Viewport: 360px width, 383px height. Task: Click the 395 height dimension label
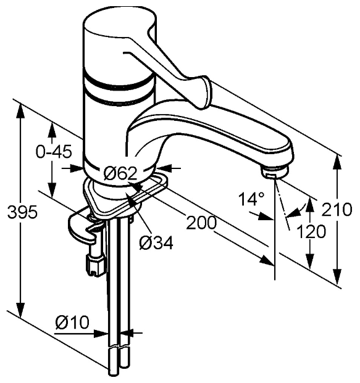(x=22, y=212)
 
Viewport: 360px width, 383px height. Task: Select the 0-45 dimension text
(x=54, y=152)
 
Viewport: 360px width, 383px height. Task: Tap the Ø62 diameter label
(x=120, y=173)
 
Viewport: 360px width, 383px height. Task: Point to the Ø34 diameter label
(x=156, y=243)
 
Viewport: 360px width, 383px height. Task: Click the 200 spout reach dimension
(x=201, y=223)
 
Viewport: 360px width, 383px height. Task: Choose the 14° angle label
(x=251, y=199)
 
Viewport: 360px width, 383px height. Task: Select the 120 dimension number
(x=311, y=231)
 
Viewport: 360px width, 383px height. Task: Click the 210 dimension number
(x=337, y=209)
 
